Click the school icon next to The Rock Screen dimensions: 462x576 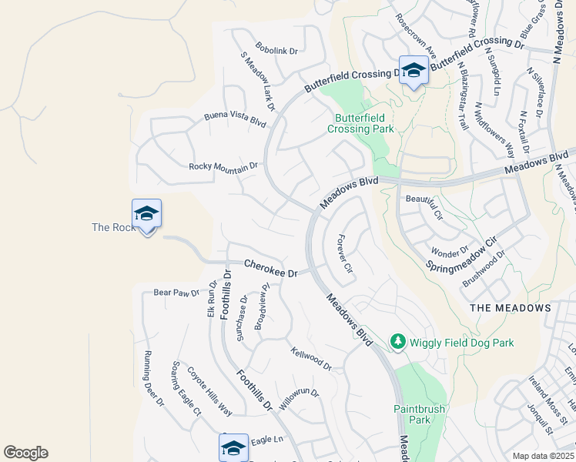(x=146, y=214)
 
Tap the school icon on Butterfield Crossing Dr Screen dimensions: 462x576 (x=414, y=70)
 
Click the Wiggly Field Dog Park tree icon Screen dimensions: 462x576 (x=397, y=341)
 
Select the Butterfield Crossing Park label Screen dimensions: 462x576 (x=360, y=123)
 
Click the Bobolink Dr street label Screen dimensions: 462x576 (x=276, y=50)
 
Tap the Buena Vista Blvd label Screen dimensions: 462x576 (x=235, y=119)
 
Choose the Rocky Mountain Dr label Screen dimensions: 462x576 (x=223, y=166)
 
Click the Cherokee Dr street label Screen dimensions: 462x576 (x=270, y=268)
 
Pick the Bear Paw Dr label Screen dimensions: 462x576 (x=176, y=292)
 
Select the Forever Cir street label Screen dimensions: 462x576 (x=344, y=256)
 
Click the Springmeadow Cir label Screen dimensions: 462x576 (x=460, y=254)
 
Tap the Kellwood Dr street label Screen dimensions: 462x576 (x=311, y=358)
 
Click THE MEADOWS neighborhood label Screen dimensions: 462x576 (x=510, y=307)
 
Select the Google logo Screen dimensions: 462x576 (x=25, y=453)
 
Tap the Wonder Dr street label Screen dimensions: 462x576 (x=450, y=252)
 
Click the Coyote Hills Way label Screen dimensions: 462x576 (x=209, y=390)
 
